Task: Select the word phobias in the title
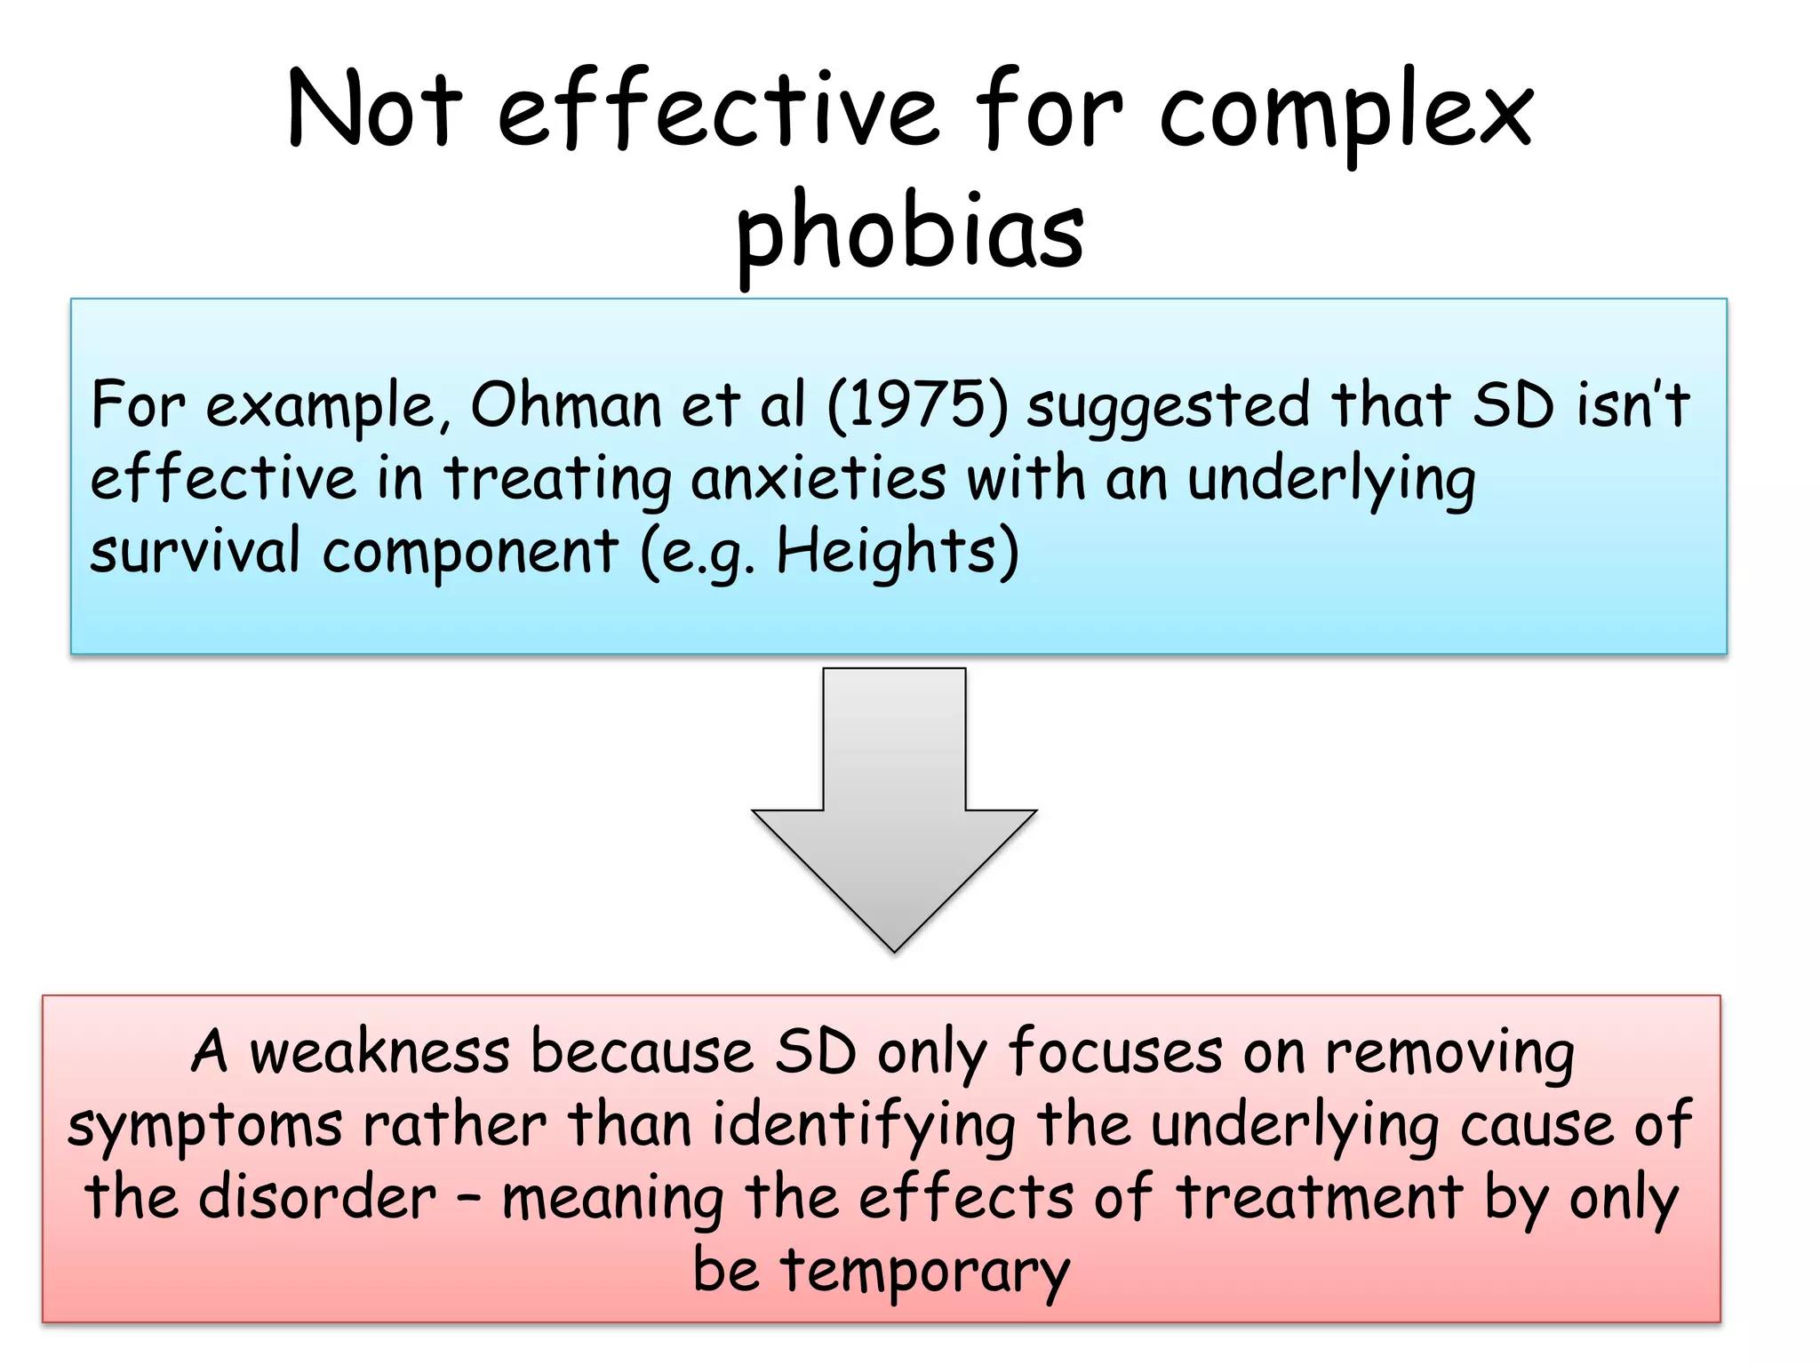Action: [x=910, y=233]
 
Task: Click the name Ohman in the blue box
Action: [x=566, y=405]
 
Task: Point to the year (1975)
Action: [x=918, y=405]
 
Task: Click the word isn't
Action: [x=1633, y=404]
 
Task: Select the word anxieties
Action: [x=818, y=479]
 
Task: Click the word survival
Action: [x=196, y=551]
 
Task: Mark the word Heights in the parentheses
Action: [x=887, y=551]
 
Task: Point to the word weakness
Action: [x=379, y=1052]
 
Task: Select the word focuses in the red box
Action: [x=1115, y=1052]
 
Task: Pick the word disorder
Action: [x=317, y=1197]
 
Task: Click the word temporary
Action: [x=925, y=1271]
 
